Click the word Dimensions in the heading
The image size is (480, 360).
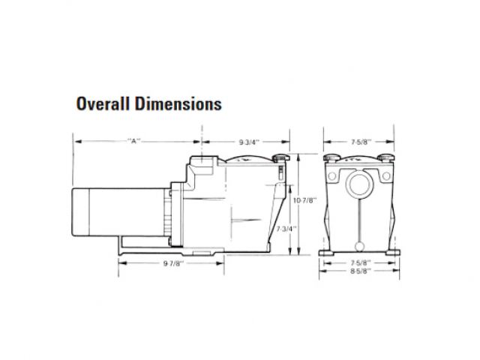point(178,103)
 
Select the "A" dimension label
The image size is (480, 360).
point(133,141)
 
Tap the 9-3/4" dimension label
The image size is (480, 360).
point(249,142)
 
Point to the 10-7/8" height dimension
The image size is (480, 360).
point(304,201)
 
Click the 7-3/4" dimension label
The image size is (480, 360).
point(286,229)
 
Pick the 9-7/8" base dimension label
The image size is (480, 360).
point(173,263)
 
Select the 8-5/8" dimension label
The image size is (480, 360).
point(361,271)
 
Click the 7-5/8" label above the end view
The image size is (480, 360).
point(361,142)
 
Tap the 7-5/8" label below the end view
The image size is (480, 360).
point(361,262)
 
